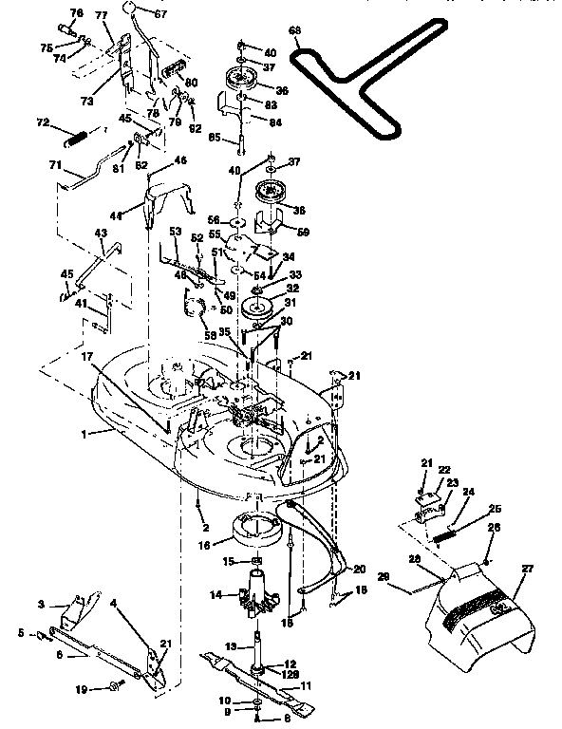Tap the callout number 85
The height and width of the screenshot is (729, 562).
[215, 137]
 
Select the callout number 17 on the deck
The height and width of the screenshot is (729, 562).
[87, 358]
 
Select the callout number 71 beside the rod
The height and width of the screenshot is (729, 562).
[56, 165]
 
